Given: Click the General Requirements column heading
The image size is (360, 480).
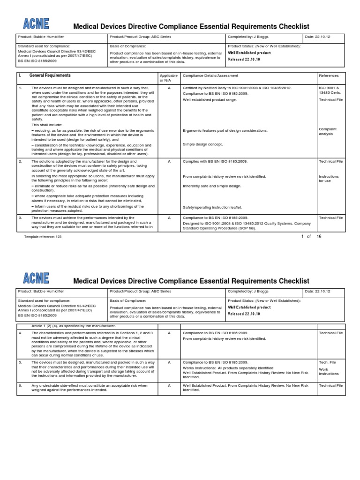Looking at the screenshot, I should point(50,75).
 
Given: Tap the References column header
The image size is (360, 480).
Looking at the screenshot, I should point(328,76).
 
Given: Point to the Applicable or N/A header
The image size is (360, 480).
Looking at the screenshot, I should point(169,78).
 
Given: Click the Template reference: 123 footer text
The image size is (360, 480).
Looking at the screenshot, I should point(43,237).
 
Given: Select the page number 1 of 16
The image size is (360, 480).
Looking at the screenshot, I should point(311,236).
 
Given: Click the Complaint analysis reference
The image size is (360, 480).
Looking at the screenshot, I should point(328,131).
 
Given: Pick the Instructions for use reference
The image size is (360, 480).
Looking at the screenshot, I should point(329,179).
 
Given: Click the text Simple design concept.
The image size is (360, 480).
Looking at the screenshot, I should point(203,144).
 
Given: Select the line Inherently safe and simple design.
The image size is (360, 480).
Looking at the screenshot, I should point(212,186).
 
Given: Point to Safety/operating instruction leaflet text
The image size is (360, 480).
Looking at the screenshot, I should point(212,207).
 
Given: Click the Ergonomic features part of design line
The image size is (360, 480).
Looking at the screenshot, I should point(225,130).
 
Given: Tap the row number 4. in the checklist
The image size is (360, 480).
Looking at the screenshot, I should point(21,332).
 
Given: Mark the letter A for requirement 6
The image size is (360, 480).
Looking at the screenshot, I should point(169,385).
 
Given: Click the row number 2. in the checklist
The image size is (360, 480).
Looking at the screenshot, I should point(21,161).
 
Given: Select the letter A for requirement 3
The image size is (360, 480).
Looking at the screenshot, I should point(169,218).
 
